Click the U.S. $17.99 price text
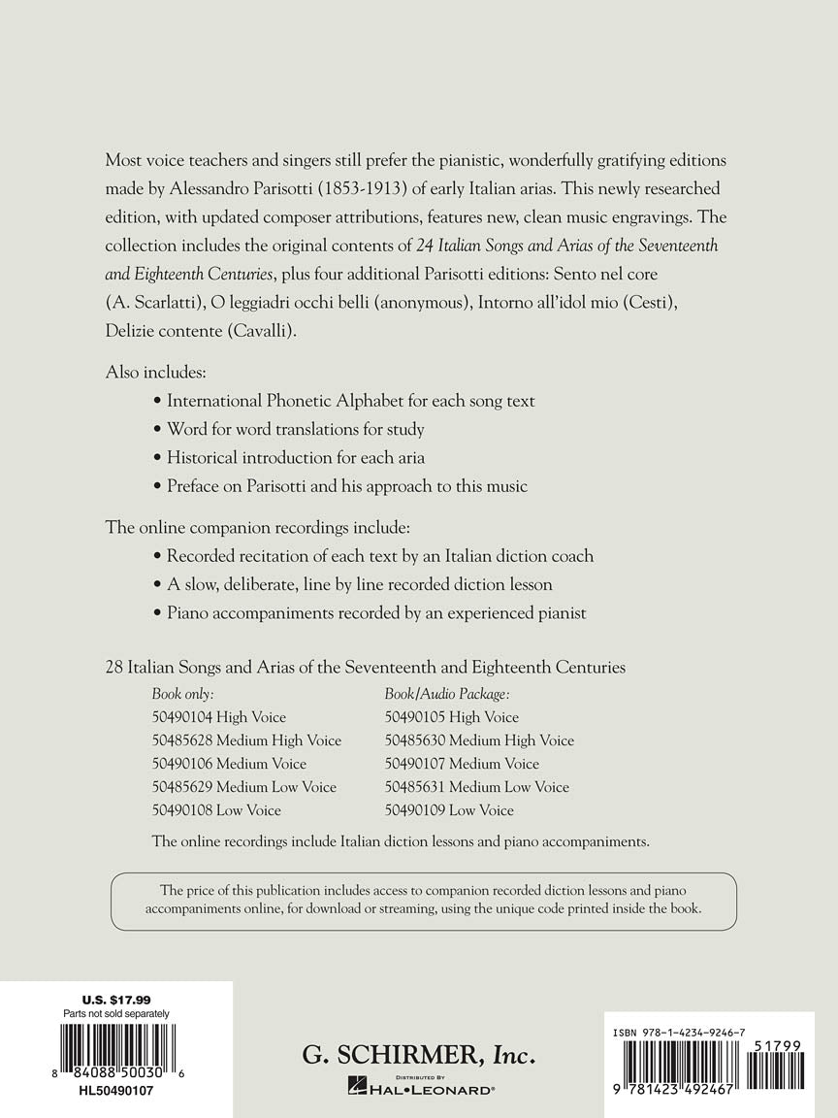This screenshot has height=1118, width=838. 115,1000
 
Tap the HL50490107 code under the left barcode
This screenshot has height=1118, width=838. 115,1090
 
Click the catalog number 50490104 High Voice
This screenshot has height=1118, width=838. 219,717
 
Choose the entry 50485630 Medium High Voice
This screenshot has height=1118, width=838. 479,740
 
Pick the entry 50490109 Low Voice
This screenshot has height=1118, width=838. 449,810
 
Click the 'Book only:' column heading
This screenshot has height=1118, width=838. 182,694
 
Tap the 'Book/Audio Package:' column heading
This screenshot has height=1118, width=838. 447,694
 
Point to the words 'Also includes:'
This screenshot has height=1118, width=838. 155,372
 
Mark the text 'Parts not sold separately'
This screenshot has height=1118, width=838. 115,1013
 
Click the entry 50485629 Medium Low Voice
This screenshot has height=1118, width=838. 244,787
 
